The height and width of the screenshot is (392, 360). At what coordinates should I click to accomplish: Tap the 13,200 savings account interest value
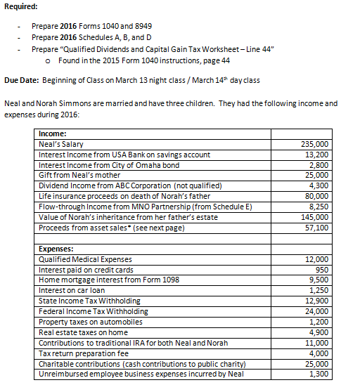click(x=316, y=155)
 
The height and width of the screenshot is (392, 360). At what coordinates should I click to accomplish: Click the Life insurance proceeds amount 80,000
click(x=316, y=197)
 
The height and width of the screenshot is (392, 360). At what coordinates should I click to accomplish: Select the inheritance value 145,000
click(x=314, y=218)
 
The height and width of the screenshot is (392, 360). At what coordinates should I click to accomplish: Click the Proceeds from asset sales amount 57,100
click(x=316, y=228)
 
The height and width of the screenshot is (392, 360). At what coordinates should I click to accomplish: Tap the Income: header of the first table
click(x=53, y=133)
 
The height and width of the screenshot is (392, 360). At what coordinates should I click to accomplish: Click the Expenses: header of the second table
click(x=56, y=249)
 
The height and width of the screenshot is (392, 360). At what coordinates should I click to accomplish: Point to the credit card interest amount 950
click(x=322, y=270)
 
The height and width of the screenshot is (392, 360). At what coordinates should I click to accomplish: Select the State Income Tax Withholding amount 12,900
click(x=316, y=301)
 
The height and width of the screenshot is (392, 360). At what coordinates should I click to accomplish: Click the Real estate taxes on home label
click(x=83, y=332)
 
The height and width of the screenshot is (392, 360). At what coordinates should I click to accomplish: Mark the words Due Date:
click(x=22, y=81)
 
